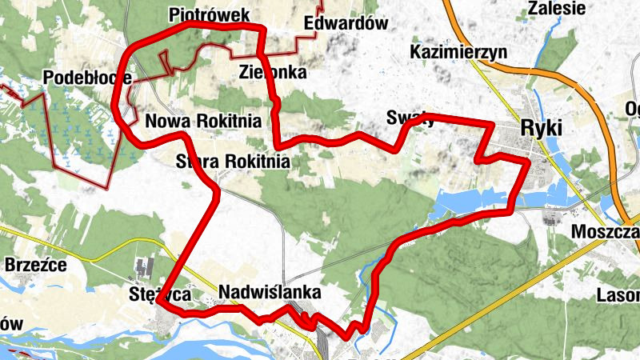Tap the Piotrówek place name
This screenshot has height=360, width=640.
(210, 15)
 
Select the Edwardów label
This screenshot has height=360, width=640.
(346, 23)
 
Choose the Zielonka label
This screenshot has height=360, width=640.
(273, 72)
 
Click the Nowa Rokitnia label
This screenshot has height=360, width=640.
(204, 122)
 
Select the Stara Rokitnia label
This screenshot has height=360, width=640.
(232, 161)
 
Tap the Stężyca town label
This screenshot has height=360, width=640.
(161, 294)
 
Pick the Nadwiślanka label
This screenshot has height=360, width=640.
(269, 291)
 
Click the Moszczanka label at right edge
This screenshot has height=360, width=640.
(606, 232)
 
